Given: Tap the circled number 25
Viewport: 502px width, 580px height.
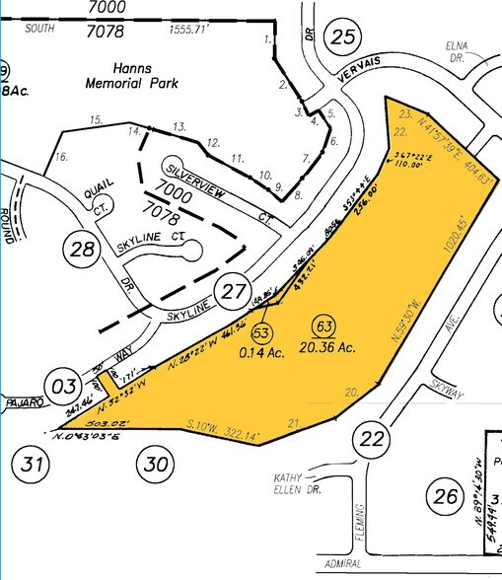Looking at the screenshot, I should click(x=341, y=37).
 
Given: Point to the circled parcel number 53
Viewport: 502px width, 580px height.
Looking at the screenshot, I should click(x=261, y=331).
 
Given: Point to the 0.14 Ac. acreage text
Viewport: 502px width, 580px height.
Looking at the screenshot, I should click(x=260, y=351).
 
